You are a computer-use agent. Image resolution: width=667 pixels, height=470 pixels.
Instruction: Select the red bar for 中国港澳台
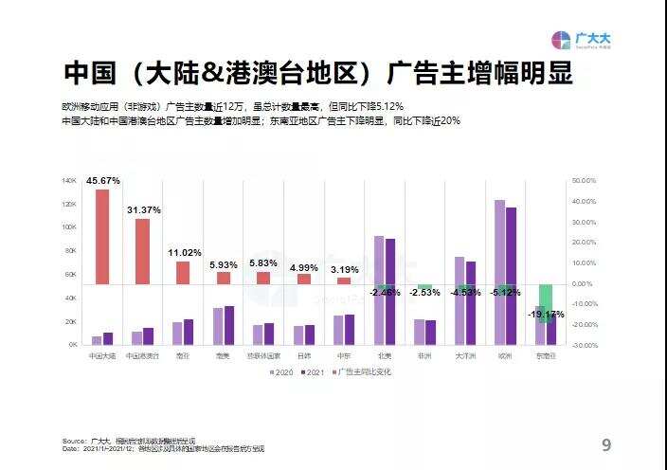click(x=142, y=250)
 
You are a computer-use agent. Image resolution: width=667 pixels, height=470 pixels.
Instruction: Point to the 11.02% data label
click(x=184, y=253)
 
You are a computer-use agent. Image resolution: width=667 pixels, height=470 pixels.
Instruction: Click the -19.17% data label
click(x=546, y=314)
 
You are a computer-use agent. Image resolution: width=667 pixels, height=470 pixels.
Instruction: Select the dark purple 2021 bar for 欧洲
click(x=512, y=275)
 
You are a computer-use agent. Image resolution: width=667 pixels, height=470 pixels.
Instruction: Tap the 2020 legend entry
click(x=279, y=372)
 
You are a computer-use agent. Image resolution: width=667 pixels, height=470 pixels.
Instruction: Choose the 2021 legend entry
click(x=312, y=372)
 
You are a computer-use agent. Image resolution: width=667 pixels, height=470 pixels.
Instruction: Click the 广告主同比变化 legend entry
click(x=364, y=372)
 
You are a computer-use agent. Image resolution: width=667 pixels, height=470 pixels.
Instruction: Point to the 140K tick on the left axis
click(x=69, y=180)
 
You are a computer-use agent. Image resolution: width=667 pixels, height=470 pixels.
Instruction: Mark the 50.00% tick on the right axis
click(x=584, y=180)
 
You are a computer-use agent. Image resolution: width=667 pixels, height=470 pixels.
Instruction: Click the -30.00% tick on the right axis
click(x=584, y=345)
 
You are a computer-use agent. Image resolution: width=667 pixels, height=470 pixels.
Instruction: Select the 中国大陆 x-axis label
click(x=102, y=355)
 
